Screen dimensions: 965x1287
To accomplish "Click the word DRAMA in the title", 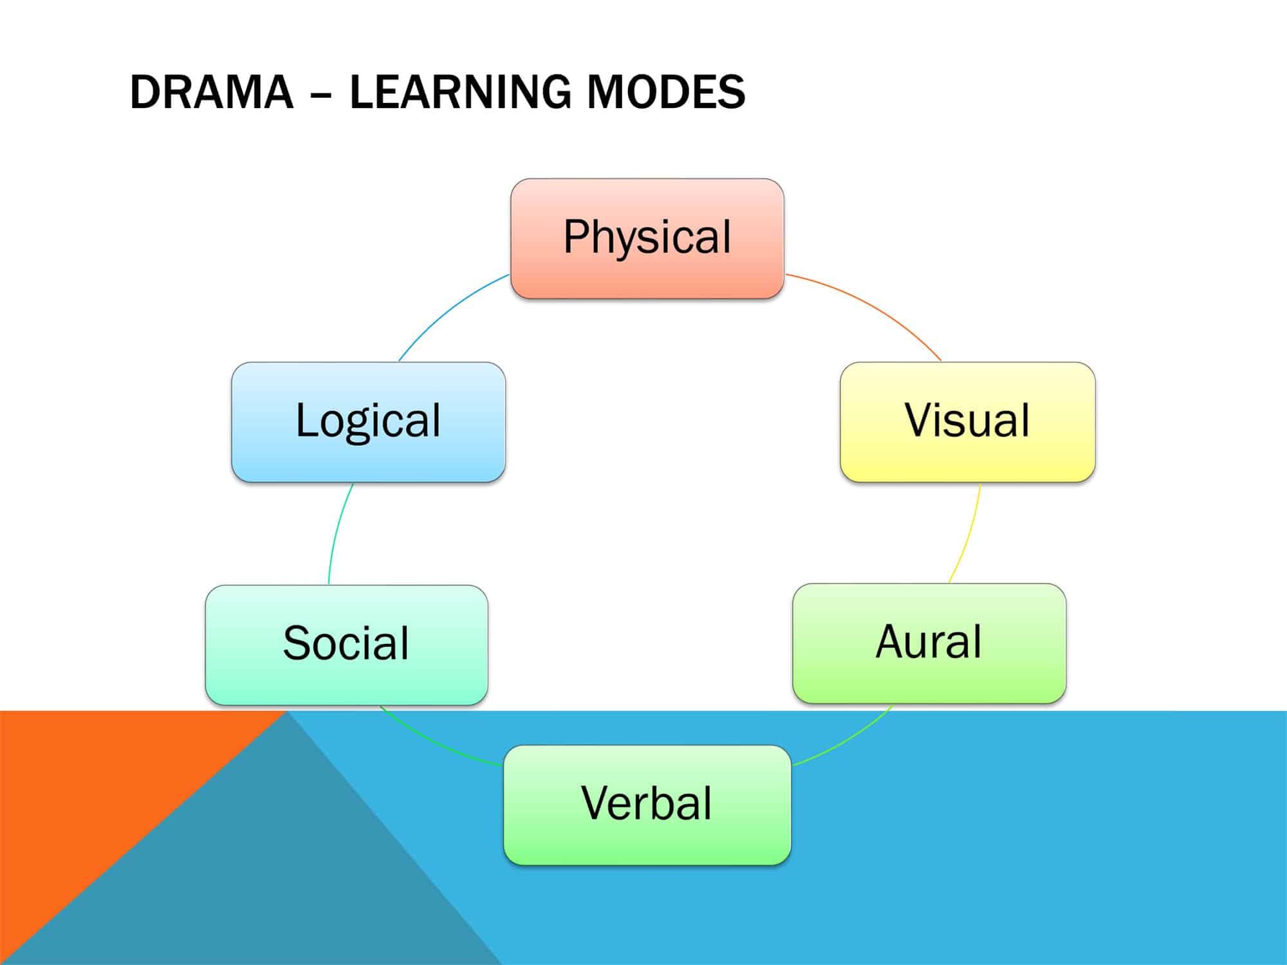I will tap(211, 92).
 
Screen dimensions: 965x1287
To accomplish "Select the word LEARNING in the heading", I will tap(459, 92).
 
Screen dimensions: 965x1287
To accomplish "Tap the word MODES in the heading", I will tap(665, 92).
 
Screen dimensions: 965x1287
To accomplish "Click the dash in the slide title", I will tap(321, 94).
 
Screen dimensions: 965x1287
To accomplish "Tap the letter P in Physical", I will tap(576, 236).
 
